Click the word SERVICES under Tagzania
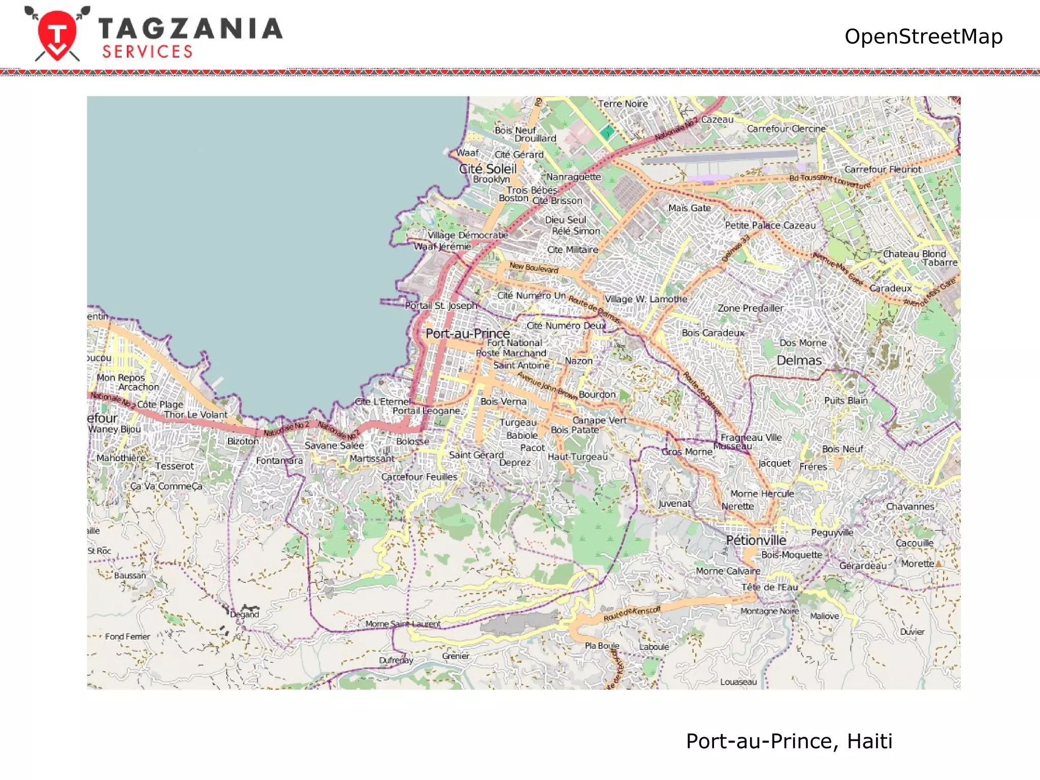[x=147, y=52]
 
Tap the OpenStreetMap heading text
[x=923, y=37]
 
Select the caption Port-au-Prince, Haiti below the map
[x=789, y=741]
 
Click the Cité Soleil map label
[x=487, y=169]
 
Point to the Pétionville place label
[x=756, y=540]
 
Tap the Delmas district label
[x=799, y=360]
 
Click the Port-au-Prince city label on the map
[x=468, y=334]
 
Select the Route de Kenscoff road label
[x=632, y=613]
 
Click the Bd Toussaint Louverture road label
[x=830, y=181]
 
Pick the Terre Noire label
[x=623, y=104]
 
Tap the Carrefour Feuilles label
[x=419, y=477]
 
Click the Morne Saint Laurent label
[x=403, y=624]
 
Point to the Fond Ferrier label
[x=127, y=636]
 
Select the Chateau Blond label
[x=914, y=253]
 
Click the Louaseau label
[x=738, y=682]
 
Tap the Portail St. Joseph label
[x=441, y=306]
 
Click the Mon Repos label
[x=121, y=377]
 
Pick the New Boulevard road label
[x=534, y=268]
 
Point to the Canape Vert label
[x=599, y=420]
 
